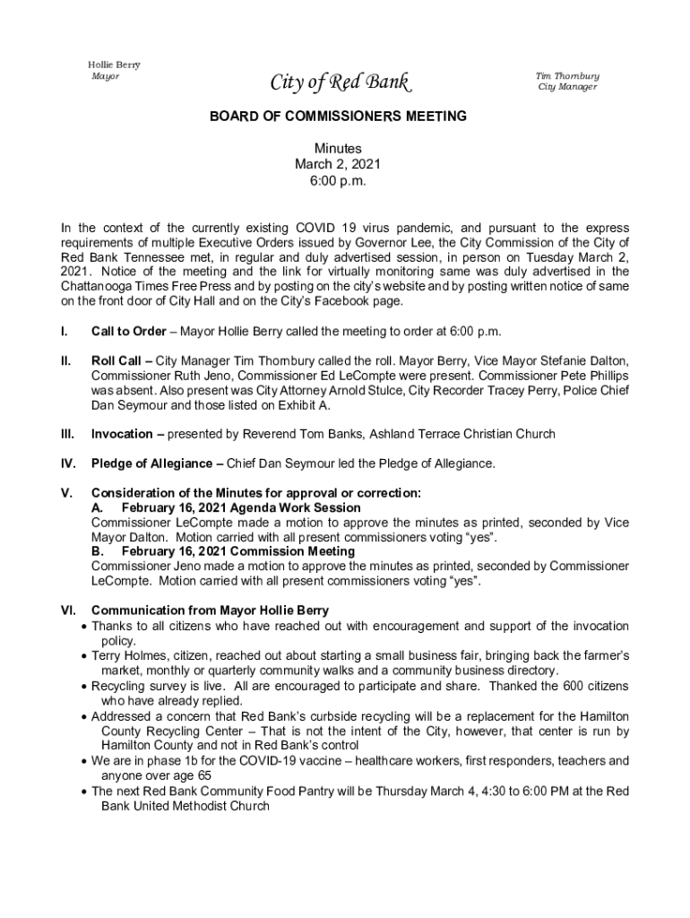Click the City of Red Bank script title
(341, 84)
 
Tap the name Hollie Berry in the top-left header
(113, 65)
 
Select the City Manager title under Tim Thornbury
(567, 87)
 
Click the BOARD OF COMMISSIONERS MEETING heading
(339, 117)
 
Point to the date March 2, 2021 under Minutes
(338, 164)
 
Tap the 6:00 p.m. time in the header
(338, 180)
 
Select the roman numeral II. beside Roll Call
(65, 361)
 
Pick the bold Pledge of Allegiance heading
(156, 463)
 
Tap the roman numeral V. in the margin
(66, 493)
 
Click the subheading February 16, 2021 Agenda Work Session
(241, 507)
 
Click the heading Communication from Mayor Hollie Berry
(210, 611)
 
